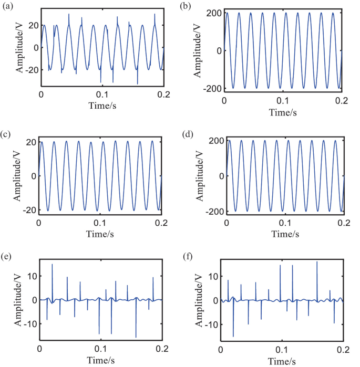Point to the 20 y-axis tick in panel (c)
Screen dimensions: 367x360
click(29, 142)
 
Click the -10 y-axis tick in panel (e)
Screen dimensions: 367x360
click(28, 324)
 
